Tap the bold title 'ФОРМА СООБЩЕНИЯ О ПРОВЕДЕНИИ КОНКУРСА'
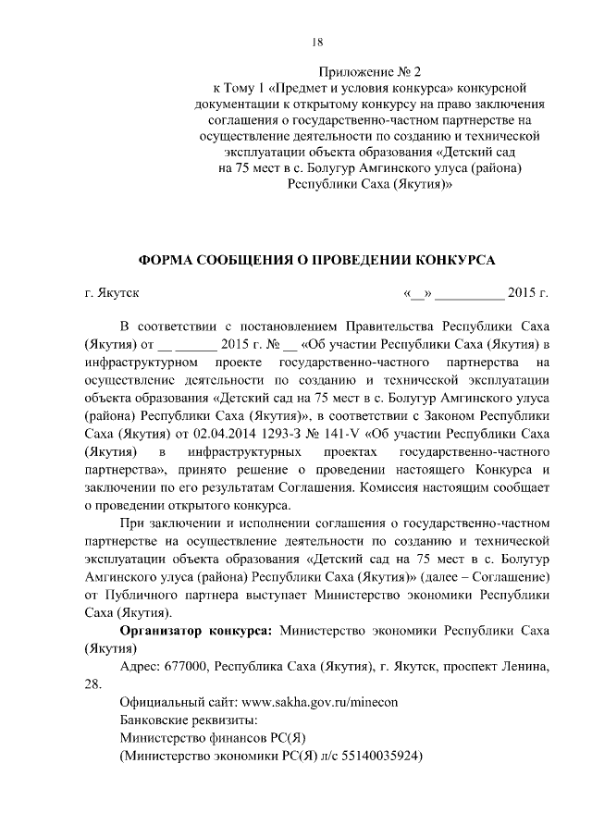point(316,260)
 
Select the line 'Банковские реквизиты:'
point(189,720)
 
